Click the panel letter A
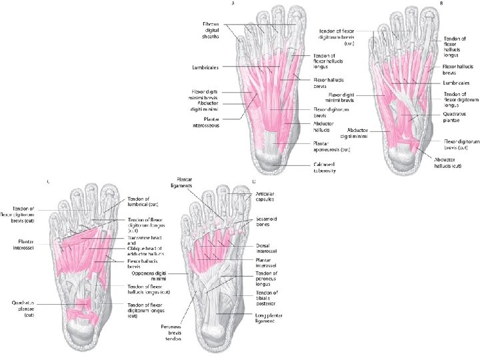233,3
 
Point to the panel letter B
441,3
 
